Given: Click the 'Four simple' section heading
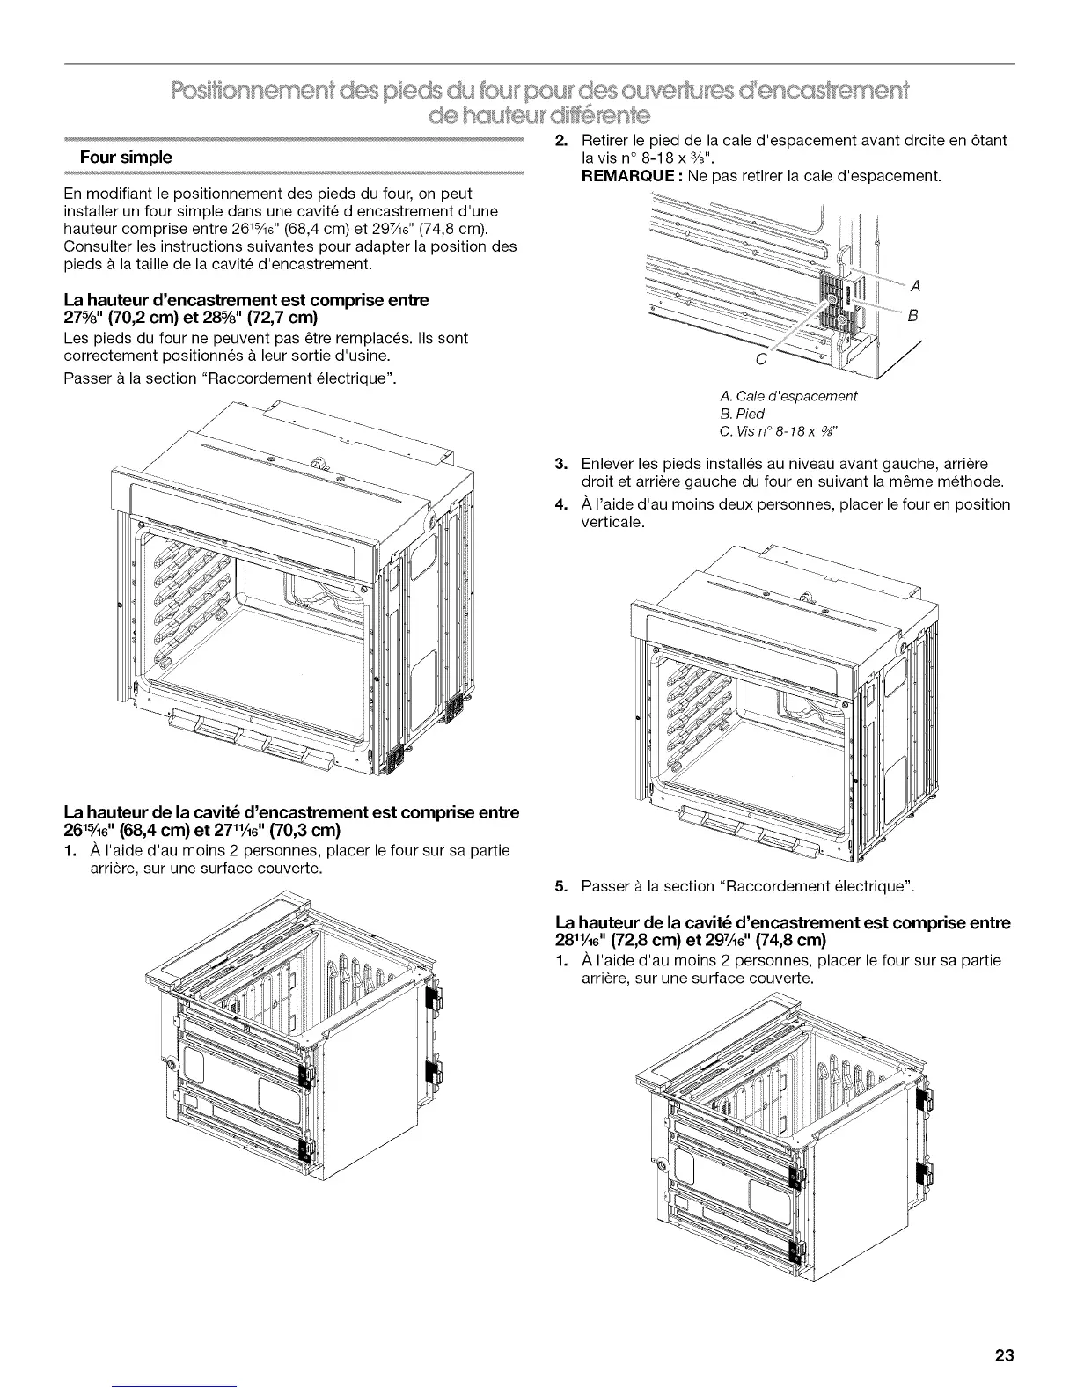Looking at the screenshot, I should [125, 158].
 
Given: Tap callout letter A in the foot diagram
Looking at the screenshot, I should [916, 286].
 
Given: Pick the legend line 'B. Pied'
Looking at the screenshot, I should [742, 414].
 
